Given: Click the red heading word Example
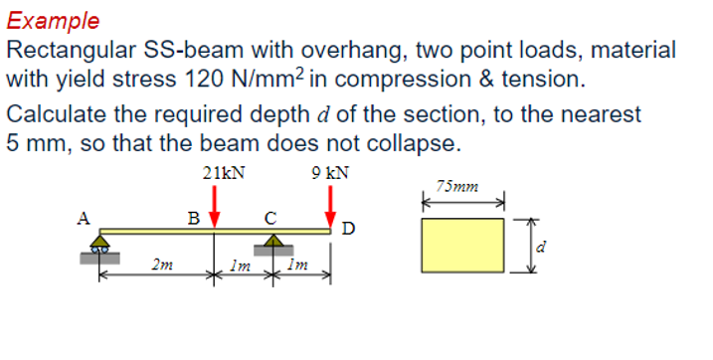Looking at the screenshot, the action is (x=53, y=20).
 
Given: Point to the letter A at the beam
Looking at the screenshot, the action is (x=87, y=217).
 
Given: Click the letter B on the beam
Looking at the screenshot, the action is (x=195, y=217).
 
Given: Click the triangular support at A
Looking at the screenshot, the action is (x=100, y=242).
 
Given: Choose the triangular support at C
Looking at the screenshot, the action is (x=272, y=242).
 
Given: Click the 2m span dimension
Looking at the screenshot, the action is (x=158, y=265).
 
